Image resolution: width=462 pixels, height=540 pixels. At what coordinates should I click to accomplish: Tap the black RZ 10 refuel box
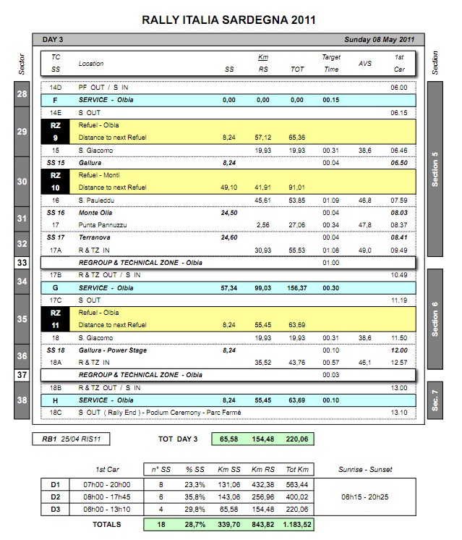(x=56, y=181)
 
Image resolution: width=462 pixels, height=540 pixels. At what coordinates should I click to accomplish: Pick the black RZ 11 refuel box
(x=56, y=318)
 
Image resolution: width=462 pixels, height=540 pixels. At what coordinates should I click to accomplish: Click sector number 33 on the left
(x=22, y=263)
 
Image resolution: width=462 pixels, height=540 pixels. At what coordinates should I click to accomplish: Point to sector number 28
(x=22, y=95)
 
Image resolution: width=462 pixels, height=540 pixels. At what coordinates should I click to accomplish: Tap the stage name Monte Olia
(x=95, y=213)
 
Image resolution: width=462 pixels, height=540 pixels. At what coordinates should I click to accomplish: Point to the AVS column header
(x=365, y=63)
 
